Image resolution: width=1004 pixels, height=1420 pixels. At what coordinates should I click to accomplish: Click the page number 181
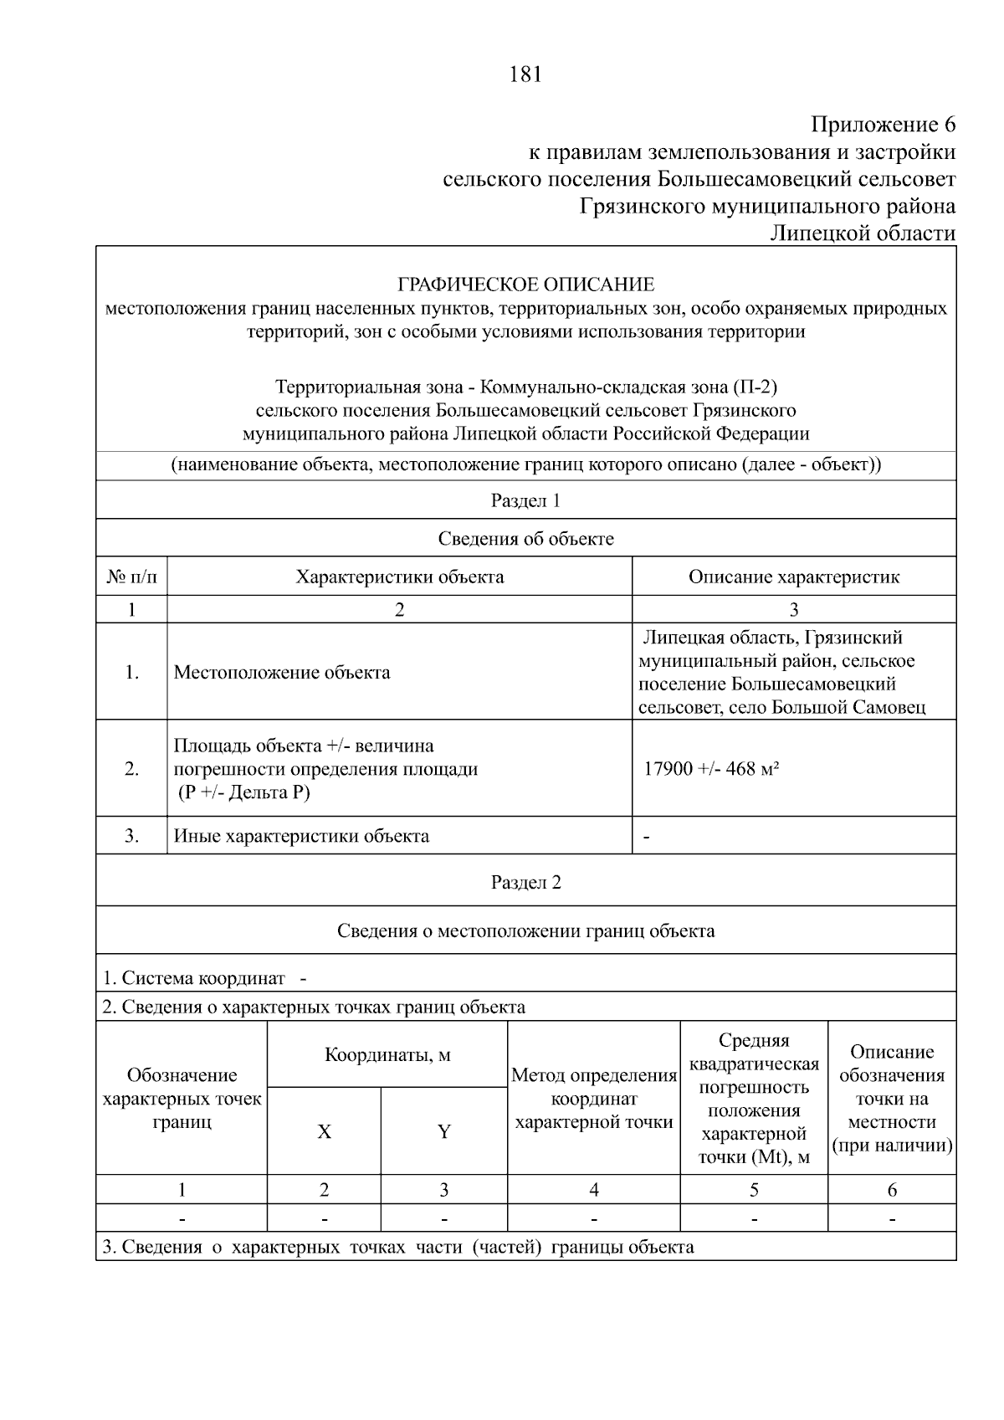click(x=525, y=74)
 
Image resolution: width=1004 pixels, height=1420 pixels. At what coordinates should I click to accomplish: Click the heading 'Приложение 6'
click(x=883, y=126)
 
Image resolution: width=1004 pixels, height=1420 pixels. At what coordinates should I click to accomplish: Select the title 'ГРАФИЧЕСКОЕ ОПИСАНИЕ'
click(x=525, y=285)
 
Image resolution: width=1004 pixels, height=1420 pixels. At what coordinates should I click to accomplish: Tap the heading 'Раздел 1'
click(x=525, y=500)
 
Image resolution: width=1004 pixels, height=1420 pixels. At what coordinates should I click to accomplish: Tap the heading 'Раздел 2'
click(x=525, y=882)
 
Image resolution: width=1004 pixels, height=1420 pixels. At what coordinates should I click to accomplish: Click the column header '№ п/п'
click(x=131, y=577)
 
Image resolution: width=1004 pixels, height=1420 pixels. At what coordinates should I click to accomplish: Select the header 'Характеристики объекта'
click(x=399, y=577)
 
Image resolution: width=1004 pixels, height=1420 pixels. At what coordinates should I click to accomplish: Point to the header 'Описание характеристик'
click(x=793, y=577)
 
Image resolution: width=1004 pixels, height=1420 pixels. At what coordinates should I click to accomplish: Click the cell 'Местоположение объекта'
click(x=281, y=672)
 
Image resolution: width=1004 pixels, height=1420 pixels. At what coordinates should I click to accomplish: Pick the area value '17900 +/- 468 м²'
click(x=711, y=768)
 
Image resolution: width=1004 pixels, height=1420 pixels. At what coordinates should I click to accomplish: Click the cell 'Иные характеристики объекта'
click(x=301, y=835)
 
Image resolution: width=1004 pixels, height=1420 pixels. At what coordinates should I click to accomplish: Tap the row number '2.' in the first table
click(x=131, y=768)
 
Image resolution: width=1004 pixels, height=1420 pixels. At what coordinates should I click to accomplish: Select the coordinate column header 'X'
click(x=324, y=1132)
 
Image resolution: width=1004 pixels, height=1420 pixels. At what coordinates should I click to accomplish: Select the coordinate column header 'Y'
click(x=443, y=1132)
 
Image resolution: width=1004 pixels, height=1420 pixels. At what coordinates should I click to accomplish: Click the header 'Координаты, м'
click(x=387, y=1054)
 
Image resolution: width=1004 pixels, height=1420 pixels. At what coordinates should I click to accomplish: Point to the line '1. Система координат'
click(x=193, y=977)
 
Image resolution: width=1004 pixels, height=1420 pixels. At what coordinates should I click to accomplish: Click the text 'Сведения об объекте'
click(x=525, y=538)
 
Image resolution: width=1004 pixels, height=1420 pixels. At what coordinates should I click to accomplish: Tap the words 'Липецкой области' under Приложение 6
click(x=862, y=233)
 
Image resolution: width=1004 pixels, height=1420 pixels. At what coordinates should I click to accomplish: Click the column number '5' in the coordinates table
click(x=754, y=1189)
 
